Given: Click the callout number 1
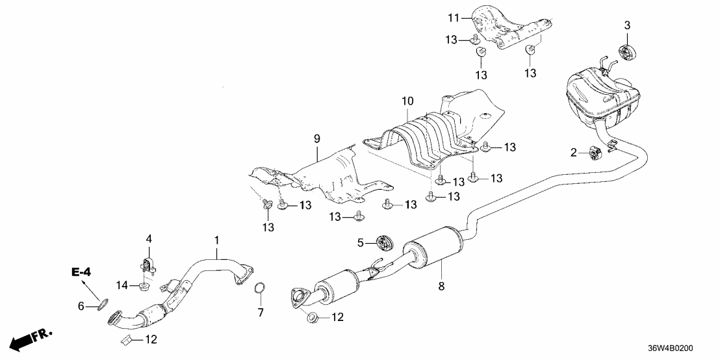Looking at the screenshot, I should coord(216,241).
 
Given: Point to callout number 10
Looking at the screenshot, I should coord(407,101).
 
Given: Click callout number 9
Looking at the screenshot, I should coord(317,138).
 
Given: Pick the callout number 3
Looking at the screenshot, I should coord(627,25).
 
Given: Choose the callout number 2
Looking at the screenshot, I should coord(574,153).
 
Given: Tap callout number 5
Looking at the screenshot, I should coord(362,243).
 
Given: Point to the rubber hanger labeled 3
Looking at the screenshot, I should coord(627,51).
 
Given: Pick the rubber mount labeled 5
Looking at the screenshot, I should coord(385,244).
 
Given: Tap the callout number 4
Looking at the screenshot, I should coord(149,239).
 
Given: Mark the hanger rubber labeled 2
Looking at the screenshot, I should coord(593,153).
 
